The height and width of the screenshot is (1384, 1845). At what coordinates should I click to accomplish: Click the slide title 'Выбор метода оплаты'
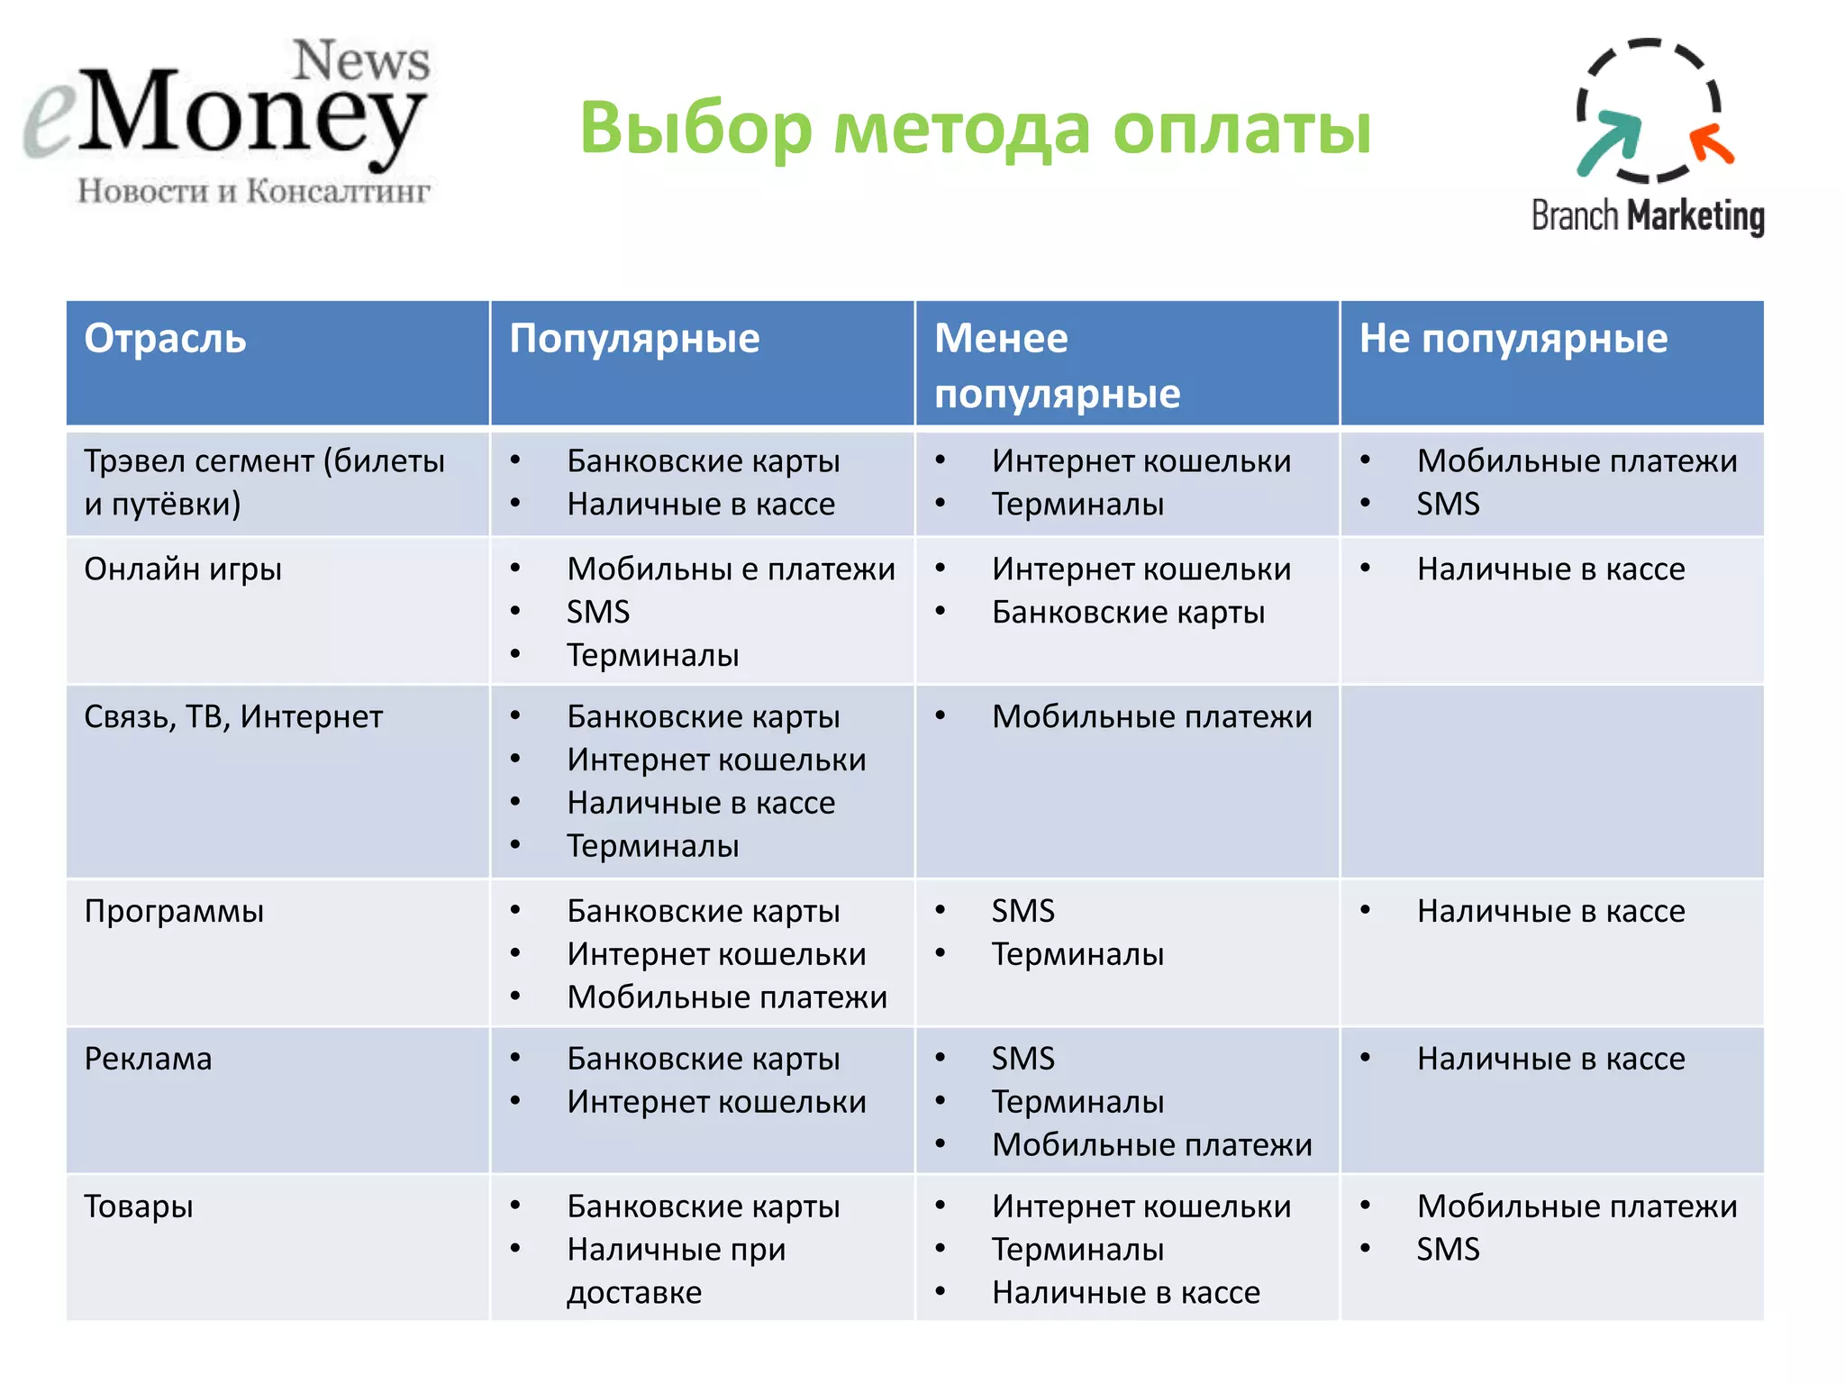(x=975, y=128)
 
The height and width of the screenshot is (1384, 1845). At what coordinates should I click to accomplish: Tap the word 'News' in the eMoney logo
(x=361, y=61)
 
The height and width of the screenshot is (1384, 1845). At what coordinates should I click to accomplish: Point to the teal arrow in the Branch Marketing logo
(x=1610, y=142)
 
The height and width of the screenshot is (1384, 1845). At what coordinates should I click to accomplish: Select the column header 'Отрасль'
(x=165, y=339)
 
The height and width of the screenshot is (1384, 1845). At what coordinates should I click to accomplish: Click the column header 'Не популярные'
(x=1513, y=339)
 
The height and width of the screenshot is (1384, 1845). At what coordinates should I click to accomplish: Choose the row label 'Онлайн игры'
(x=183, y=569)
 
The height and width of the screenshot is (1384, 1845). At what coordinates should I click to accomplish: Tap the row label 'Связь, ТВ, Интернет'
(x=233, y=717)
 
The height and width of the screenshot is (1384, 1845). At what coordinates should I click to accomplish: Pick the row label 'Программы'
(x=174, y=911)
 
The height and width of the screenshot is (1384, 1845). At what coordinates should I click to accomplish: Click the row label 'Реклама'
(x=148, y=1059)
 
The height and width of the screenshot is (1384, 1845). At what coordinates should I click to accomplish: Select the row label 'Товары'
(x=138, y=1206)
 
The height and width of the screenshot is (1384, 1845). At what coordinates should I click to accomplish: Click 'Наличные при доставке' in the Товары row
(x=676, y=1270)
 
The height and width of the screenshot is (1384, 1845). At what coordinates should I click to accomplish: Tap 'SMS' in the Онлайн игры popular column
(x=597, y=613)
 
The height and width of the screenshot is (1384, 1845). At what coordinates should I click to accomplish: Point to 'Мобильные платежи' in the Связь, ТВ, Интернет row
(x=1151, y=717)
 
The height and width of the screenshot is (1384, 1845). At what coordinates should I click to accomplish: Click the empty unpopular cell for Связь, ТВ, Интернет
(x=1551, y=781)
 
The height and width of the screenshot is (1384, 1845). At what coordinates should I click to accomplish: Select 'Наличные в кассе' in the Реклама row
(x=1550, y=1059)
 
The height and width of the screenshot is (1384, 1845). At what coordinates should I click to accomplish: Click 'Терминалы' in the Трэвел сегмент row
(x=1077, y=505)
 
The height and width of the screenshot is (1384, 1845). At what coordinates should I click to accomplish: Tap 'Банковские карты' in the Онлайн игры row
(x=1128, y=613)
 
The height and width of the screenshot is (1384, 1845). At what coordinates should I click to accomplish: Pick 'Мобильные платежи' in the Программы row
(x=726, y=997)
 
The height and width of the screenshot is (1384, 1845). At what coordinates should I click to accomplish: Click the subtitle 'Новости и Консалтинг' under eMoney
(x=253, y=191)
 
